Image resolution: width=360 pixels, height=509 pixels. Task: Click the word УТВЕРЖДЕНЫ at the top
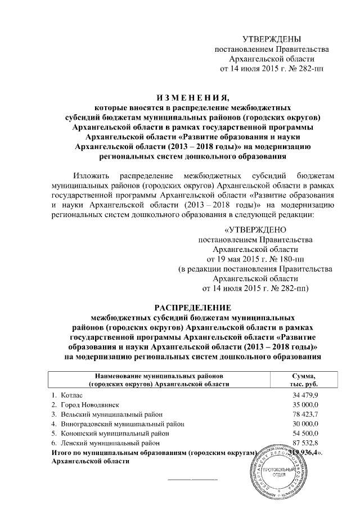272,39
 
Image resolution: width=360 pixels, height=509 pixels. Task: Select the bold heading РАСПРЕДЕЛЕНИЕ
193,307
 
